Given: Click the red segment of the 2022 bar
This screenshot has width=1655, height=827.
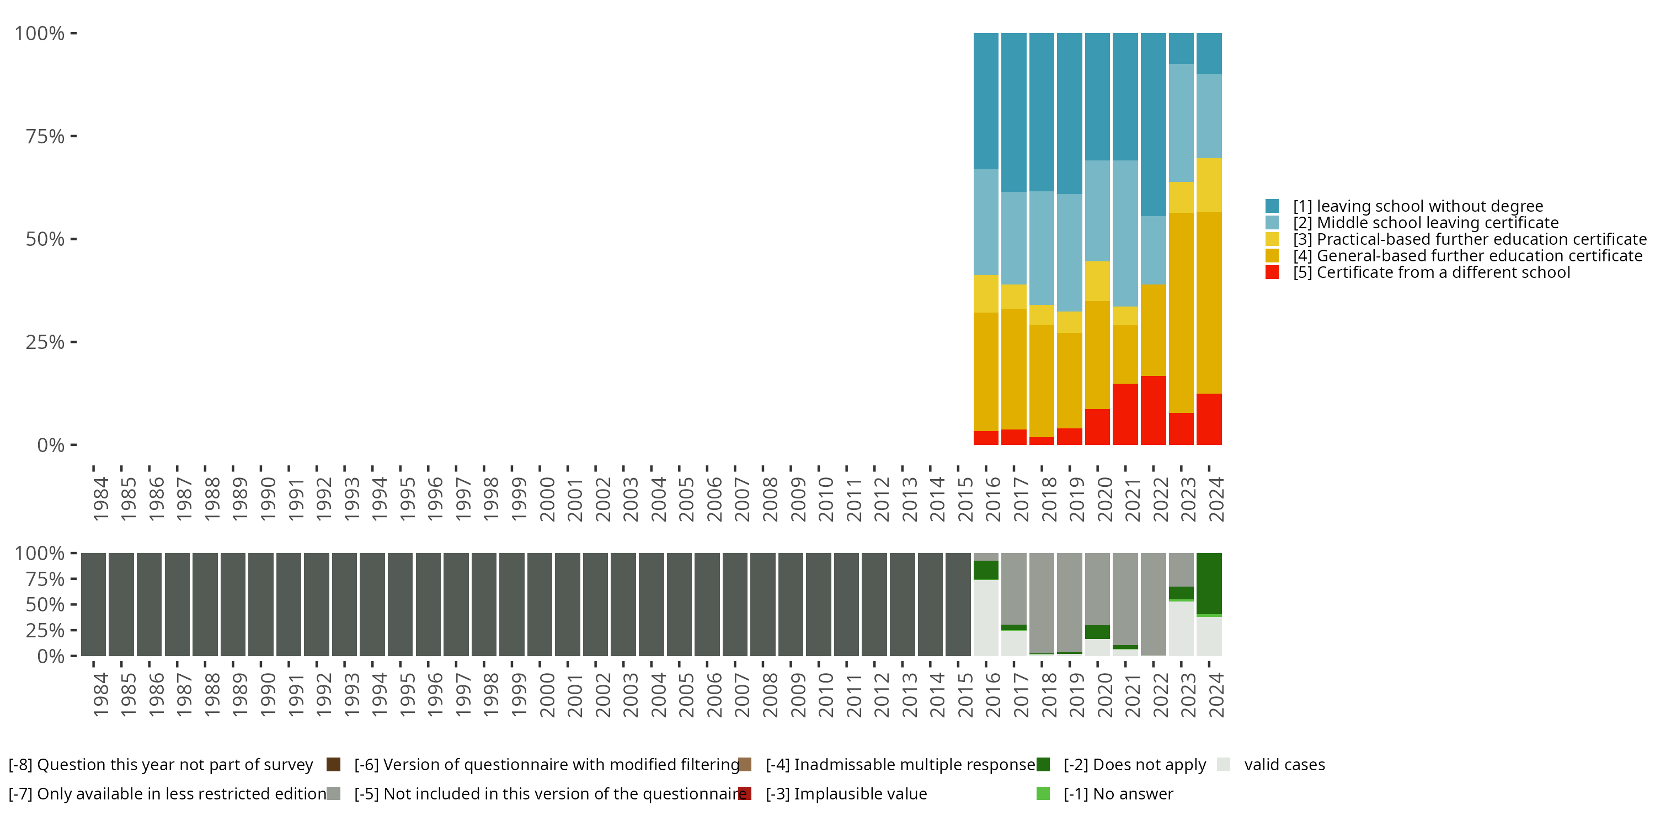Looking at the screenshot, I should point(1153,410).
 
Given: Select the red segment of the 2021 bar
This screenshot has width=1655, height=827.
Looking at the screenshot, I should point(1125,414).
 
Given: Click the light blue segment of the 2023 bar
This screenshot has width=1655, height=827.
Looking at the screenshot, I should point(1181,122).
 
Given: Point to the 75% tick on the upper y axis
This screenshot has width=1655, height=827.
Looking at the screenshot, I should point(73,136).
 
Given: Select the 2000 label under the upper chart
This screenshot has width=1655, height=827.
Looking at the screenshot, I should point(547,499).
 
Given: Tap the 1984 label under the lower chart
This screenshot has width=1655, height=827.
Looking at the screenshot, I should point(100,695).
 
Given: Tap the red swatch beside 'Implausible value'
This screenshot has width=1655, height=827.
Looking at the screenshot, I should point(745,793).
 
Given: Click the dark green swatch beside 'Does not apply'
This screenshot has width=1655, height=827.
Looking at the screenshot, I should point(1043,765).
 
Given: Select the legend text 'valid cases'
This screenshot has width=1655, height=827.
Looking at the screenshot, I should point(1284,765).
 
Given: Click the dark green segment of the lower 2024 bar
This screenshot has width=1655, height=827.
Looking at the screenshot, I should point(1209,583).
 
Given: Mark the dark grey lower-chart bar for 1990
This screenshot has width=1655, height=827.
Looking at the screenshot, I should point(261,604).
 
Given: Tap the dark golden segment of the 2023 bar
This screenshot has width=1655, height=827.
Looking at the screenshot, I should point(1181,313).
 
